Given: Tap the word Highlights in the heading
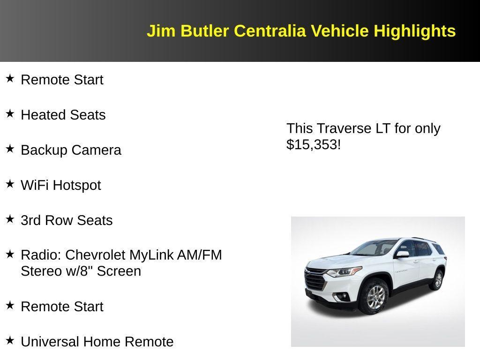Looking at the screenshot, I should coord(414,31).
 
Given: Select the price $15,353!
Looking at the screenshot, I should coord(314,144).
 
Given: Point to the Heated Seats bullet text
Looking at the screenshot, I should coord(63,115).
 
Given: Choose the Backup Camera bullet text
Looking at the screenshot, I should coord(71,150).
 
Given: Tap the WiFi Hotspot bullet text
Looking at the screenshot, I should coord(61,185).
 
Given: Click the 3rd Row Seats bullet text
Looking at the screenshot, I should coord(67,220).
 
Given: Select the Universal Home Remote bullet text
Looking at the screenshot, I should coord(97,342).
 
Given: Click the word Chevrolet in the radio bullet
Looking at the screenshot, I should coord(96,255).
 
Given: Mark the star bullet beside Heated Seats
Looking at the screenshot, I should coord(10,113).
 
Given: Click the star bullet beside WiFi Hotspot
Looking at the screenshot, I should coord(10,184).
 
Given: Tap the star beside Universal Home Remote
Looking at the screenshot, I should coord(10,340).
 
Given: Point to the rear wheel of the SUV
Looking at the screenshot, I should coord(437,280).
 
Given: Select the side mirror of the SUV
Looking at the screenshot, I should coord(402,255).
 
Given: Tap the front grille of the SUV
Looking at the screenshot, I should coord(315,280).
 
